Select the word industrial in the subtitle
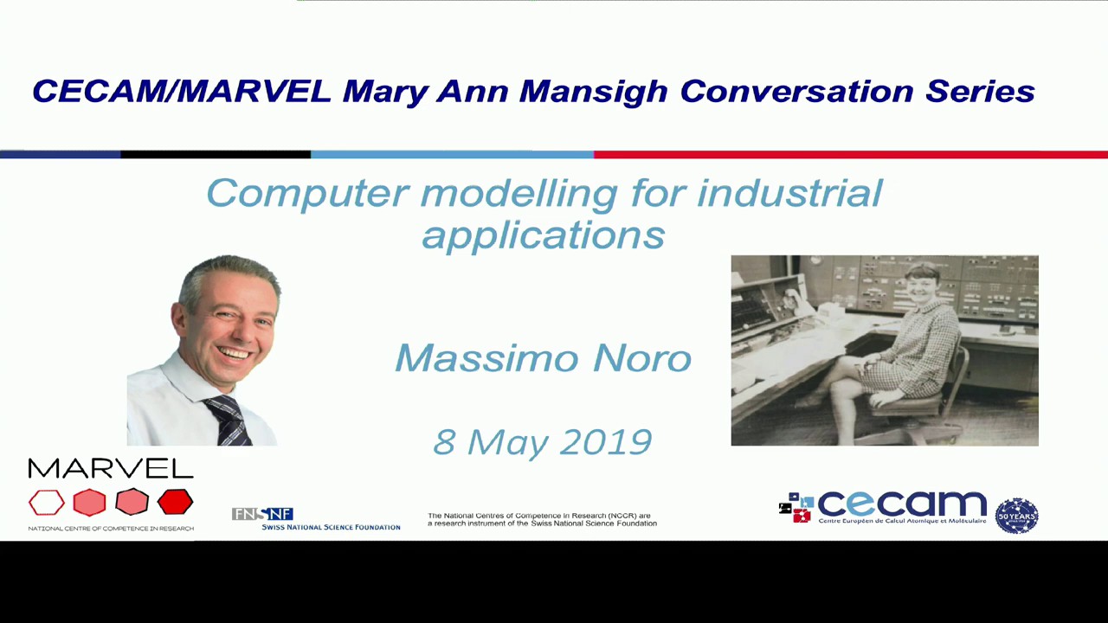point(789,193)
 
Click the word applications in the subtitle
point(543,234)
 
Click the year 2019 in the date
point(605,442)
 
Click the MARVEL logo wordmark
point(111,469)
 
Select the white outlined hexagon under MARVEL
point(47,502)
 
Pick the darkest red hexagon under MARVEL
point(175,502)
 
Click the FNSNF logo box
point(262,514)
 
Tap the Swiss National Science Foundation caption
point(331,527)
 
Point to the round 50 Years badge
point(1016,516)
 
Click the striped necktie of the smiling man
point(229,421)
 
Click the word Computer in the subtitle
point(307,193)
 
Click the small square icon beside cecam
point(796,508)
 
